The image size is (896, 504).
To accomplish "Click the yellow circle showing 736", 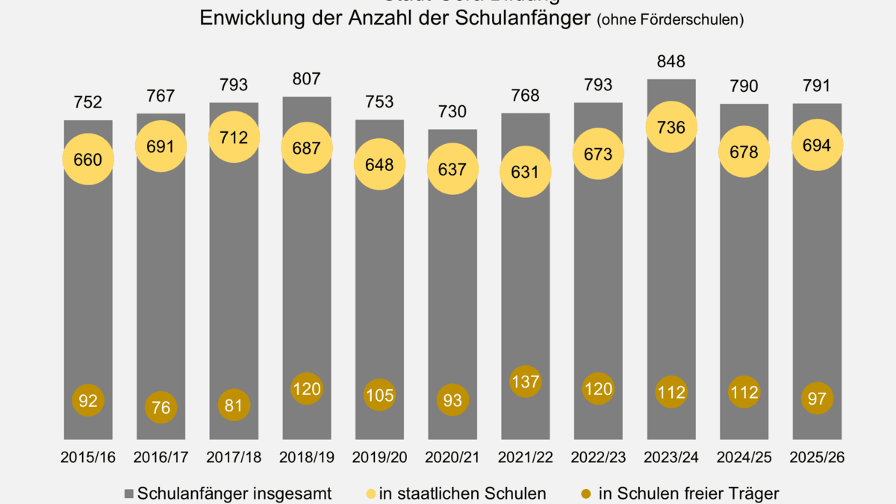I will [x=671, y=128].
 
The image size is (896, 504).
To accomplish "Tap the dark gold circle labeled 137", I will [x=526, y=382].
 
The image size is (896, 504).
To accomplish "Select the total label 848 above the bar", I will [x=671, y=61].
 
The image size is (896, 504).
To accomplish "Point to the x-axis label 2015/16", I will [x=88, y=458].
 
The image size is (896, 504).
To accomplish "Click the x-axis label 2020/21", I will [x=452, y=458].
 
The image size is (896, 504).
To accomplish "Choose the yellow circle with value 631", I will [x=526, y=172].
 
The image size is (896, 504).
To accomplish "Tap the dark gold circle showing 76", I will [x=161, y=408].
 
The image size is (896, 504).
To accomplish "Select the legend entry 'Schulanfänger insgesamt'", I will [x=228, y=493].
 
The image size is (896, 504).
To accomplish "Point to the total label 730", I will [x=452, y=112].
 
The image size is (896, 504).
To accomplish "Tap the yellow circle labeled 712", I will [x=234, y=137].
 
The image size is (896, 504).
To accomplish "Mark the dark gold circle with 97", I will [x=817, y=399].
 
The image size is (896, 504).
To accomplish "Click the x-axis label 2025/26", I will [x=817, y=458].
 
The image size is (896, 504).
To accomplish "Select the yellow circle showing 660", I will [x=88, y=159].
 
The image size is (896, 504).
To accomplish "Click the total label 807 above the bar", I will [x=307, y=78].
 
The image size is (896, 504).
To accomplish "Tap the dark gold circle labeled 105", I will [x=379, y=395].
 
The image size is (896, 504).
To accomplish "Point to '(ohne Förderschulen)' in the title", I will [x=670, y=20].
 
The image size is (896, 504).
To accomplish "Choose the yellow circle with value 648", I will [x=379, y=164].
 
